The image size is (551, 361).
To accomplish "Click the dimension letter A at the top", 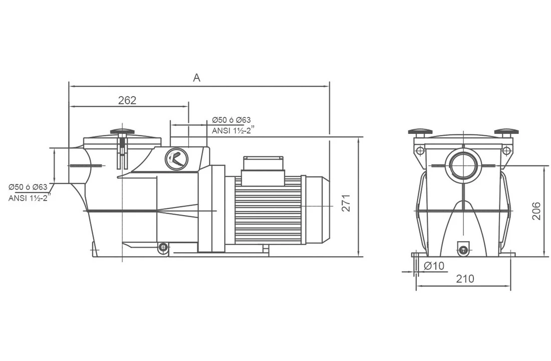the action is pyautogui.click(x=196, y=77).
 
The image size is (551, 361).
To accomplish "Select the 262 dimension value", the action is pyautogui.click(x=127, y=100).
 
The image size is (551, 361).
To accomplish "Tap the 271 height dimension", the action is pyautogui.click(x=347, y=203).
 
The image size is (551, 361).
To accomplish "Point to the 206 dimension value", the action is pyautogui.click(x=536, y=211).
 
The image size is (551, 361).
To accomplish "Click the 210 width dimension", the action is pyautogui.click(x=465, y=279).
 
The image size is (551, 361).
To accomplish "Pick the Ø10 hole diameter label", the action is pyautogui.click(x=434, y=266).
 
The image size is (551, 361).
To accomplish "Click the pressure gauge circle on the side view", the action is pyautogui.click(x=176, y=159).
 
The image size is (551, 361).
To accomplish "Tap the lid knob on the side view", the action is pyautogui.click(x=122, y=132).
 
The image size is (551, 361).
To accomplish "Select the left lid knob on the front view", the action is pyautogui.click(x=420, y=132).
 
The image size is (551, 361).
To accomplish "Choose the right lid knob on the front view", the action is pyautogui.click(x=506, y=132).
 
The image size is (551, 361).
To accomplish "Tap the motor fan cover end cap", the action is pyautogui.click(x=318, y=210).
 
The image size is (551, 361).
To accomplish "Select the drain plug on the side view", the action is pyautogui.click(x=163, y=247).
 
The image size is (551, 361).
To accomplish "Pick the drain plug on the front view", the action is pyautogui.click(x=463, y=250).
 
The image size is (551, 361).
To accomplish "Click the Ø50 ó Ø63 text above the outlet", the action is pyautogui.click(x=231, y=120).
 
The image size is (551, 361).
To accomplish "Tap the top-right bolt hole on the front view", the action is pyautogui.click(x=506, y=151).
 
